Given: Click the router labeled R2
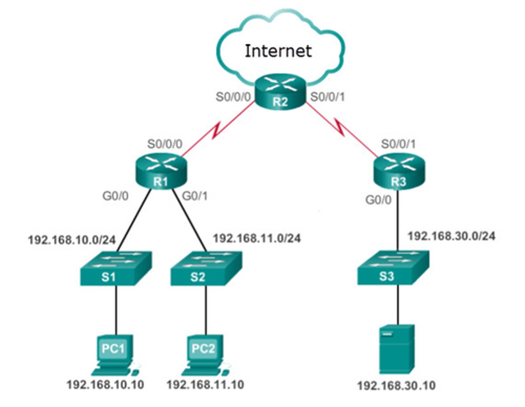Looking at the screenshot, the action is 280,92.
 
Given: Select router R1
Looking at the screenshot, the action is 161,171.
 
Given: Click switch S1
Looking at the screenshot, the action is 116,268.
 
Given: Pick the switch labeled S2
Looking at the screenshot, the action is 206,268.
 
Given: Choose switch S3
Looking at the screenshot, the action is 393,267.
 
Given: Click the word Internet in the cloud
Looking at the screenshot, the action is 278,51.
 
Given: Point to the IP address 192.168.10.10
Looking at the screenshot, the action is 105,384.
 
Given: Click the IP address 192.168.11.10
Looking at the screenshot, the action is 205,384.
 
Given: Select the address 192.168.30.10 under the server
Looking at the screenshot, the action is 396,386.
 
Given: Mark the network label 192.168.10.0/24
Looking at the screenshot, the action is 72,240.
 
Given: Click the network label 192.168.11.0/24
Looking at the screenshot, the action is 257,238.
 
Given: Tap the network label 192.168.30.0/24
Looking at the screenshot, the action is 452,236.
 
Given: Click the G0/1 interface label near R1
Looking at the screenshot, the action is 195,196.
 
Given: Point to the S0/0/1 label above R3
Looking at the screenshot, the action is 398,144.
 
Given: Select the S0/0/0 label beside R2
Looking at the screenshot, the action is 233,97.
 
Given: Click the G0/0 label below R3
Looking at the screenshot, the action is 378,200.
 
